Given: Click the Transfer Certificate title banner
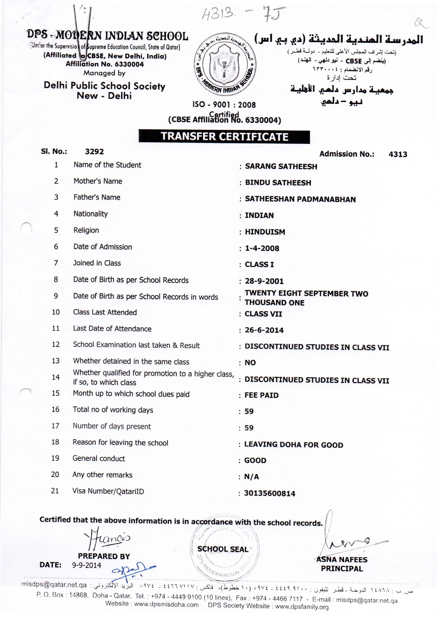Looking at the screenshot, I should point(224,137).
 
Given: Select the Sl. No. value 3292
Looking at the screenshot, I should point(94,152).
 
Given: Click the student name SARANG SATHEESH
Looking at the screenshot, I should point(281,167).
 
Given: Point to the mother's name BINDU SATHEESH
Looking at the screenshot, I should point(278,183).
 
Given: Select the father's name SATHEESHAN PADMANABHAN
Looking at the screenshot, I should point(300,199).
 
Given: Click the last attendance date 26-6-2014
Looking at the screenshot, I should point(264,330).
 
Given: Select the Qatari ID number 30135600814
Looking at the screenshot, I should point(270,493).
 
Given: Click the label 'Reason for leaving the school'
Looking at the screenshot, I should point(120,443).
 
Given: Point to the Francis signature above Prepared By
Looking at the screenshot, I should point(108,538).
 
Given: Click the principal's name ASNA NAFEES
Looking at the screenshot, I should point(342,560).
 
